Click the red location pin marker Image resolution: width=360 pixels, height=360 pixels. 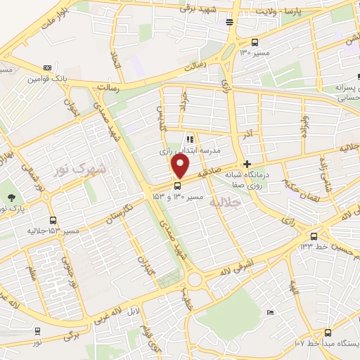coord(181,167)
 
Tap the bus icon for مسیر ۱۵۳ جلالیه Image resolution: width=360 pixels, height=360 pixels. coord(53,220)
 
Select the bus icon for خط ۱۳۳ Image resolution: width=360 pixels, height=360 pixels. coord(314,236)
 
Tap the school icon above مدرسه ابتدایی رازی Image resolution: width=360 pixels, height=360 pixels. coord(188,139)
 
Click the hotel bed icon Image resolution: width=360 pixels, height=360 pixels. coord(230,23)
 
